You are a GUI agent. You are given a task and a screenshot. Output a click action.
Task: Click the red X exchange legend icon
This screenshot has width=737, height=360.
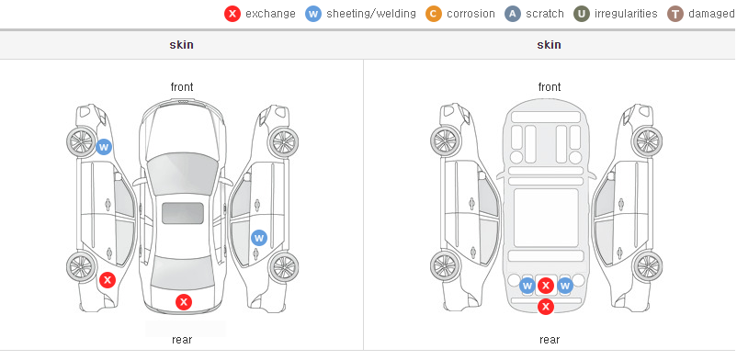232,14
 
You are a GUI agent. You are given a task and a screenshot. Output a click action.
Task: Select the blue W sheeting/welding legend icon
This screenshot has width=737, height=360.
313,14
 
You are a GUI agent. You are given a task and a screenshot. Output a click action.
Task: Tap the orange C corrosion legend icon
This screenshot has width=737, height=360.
434,14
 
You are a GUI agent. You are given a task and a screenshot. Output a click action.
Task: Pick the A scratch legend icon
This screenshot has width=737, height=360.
513,14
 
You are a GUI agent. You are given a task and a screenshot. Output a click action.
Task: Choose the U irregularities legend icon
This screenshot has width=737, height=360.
582,14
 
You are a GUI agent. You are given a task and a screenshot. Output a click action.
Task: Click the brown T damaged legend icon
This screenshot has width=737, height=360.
675,14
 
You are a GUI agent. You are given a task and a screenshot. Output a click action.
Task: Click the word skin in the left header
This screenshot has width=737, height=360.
181,45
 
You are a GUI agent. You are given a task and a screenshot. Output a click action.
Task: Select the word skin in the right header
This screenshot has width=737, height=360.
549,45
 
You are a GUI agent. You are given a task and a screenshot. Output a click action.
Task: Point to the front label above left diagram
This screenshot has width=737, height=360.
181,87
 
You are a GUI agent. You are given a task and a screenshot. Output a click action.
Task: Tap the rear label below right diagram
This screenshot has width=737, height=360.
550,340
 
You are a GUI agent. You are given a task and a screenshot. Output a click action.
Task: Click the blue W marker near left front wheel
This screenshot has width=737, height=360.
105,147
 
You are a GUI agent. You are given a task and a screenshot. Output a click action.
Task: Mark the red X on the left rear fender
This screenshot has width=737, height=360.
108,281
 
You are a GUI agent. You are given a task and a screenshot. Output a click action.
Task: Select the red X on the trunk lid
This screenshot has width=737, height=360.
184,302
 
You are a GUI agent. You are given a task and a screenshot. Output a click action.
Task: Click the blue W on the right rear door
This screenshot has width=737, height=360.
259,238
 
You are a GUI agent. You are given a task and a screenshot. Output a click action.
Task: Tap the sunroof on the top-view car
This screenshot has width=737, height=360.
183,213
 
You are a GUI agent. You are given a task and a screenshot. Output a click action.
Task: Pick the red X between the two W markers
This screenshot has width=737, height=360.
546,286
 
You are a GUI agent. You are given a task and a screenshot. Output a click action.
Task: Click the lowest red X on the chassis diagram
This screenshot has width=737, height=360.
546,307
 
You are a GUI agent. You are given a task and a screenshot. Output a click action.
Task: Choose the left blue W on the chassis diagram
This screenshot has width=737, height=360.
527,286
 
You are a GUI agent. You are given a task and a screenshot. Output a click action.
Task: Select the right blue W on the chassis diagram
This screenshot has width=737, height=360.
564,286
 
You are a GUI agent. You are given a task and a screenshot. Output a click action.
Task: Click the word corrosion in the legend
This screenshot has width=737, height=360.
471,14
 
